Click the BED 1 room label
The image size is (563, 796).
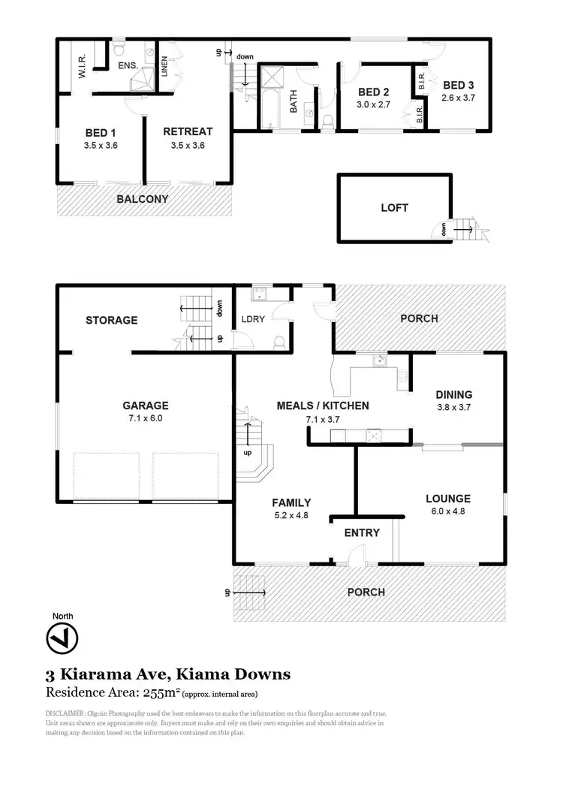tap(101, 132)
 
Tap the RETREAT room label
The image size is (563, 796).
tap(188, 131)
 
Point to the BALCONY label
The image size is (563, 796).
tap(142, 199)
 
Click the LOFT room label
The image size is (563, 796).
tap(394, 207)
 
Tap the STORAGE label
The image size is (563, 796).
tap(111, 320)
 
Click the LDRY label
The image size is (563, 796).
tap(253, 319)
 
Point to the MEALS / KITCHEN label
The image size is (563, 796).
tap(323, 406)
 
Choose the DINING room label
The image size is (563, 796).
tap(454, 394)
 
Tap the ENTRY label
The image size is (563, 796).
tap(362, 532)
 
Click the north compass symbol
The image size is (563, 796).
tap(62, 640)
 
